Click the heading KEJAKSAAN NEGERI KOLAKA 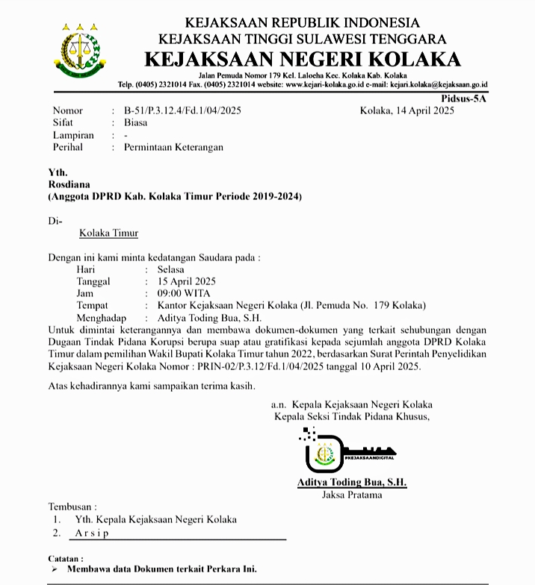303,59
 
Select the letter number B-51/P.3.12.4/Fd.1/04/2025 183,111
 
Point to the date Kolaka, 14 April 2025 406,111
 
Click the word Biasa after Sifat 135,123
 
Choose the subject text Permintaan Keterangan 173,147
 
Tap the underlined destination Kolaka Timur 108,233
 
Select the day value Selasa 170,269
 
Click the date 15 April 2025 186,281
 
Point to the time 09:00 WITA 183,293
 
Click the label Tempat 92,305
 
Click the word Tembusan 72,507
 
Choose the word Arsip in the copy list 91,533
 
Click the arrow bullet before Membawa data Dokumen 54,569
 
